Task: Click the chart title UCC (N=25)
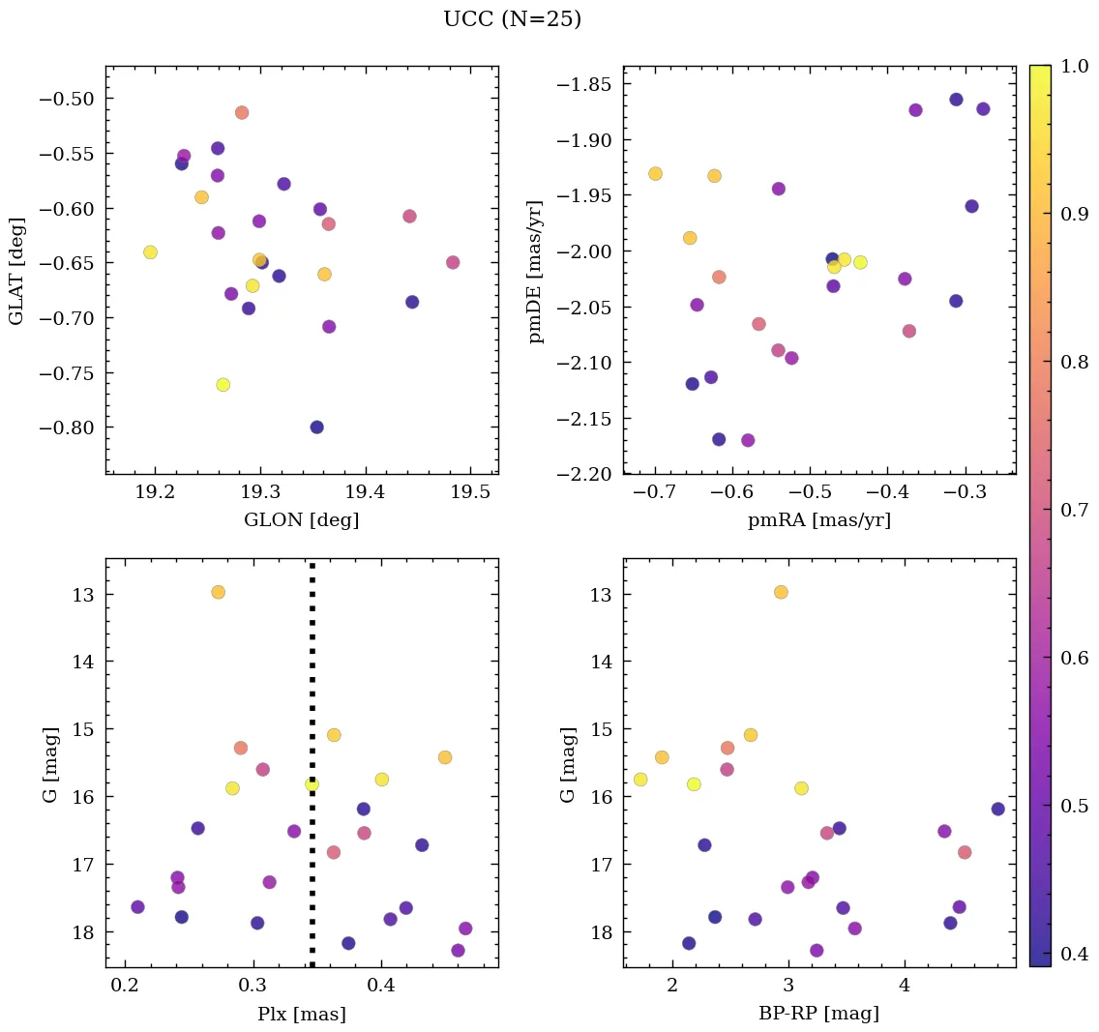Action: point(512,19)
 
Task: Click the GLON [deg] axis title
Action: point(301,520)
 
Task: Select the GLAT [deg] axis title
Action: point(16,270)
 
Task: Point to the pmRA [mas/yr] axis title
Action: point(818,520)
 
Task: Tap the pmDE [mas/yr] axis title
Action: point(535,270)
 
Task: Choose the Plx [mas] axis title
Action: point(301,1014)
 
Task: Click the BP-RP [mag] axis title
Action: point(818,1014)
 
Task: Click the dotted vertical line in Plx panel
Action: point(312,677)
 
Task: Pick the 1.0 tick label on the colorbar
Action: point(1070,66)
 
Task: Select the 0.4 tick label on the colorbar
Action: point(1070,955)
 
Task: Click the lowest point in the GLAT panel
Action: point(316,428)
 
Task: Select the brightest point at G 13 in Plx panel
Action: point(218,592)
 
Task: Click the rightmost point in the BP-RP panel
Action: point(997,809)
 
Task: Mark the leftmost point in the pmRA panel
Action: point(655,174)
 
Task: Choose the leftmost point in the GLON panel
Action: point(150,252)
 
